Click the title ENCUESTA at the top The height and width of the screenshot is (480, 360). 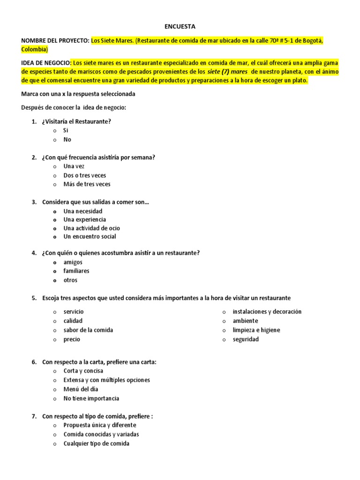tap(180, 27)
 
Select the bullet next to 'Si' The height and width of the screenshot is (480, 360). tap(55, 131)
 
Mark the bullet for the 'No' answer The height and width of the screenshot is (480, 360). tap(55, 140)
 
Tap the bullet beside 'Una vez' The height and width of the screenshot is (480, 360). tap(55, 166)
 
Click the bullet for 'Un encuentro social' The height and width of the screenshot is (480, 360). tap(55, 237)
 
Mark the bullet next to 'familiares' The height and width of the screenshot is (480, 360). tap(55, 271)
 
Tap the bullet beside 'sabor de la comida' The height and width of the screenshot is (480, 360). tap(55, 330)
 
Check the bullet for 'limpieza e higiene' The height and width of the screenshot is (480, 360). tap(224, 330)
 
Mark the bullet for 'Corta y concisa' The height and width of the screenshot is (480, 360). tap(55, 371)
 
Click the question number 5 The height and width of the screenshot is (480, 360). tap(34, 298)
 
